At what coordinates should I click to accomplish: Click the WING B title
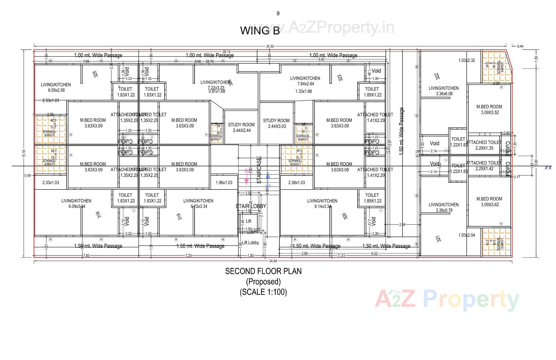260,31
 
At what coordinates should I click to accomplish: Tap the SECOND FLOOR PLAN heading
263,271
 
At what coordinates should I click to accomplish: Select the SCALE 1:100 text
263,292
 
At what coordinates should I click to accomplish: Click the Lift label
248,221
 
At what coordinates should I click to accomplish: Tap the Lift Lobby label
250,243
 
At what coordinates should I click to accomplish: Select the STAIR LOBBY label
250,206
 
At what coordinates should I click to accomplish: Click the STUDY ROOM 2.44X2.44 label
241,127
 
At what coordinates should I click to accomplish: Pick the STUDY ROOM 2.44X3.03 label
276,123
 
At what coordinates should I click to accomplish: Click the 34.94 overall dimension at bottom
273,261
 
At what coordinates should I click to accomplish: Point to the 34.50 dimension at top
270,46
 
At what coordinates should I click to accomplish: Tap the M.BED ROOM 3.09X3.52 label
489,109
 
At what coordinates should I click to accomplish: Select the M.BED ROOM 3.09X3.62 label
489,202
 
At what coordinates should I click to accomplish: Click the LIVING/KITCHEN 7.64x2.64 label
305,81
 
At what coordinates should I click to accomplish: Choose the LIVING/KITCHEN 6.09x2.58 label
56,87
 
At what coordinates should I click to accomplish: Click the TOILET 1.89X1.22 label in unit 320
372,198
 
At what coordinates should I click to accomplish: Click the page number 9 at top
278,13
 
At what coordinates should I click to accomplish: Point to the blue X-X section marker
548,167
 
